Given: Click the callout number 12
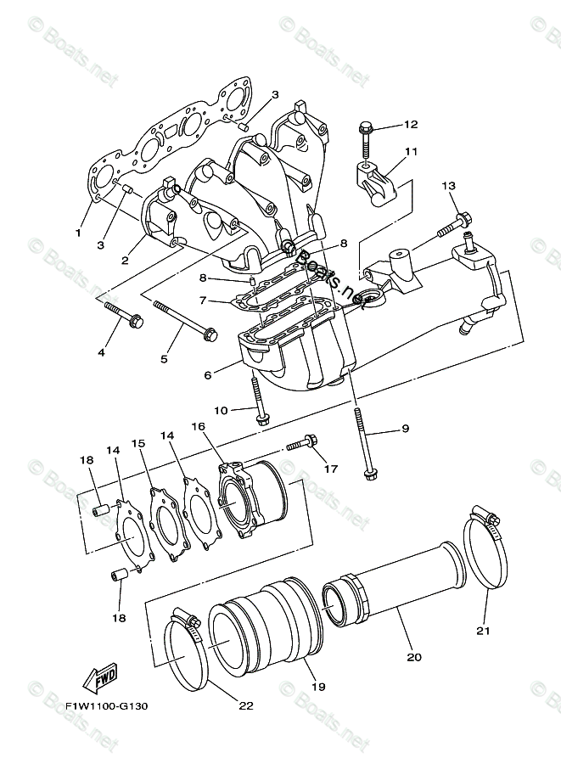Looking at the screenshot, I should [411, 125].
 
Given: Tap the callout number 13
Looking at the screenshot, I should [448, 186].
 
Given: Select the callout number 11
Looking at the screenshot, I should [411, 152].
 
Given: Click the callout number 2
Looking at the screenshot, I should [125, 261].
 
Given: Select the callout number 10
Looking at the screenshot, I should [221, 411].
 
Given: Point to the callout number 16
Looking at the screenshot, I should [199, 426].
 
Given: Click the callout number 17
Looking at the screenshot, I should [329, 469].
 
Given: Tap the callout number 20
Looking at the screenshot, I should [414, 656].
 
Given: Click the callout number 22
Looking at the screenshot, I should [246, 705].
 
